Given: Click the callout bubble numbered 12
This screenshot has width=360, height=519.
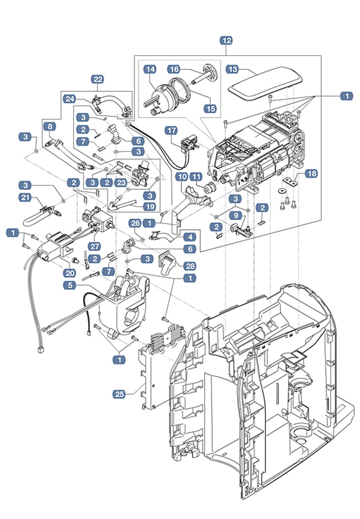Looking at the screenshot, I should [x=226, y=41].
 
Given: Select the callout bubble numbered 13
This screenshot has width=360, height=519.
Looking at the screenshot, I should [x=233, y=69].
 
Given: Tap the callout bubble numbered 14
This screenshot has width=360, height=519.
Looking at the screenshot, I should [x=150, y=69].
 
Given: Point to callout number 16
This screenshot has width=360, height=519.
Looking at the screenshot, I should [x=174, y=69].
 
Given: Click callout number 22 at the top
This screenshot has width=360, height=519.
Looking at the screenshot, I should [x=99, y=79].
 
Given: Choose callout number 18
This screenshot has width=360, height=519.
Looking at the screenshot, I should [x=311, y=174].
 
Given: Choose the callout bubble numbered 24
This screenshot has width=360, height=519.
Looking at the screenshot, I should [x=70, y=99].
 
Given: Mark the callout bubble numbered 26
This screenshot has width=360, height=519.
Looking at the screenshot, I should [x=135, y=222].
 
